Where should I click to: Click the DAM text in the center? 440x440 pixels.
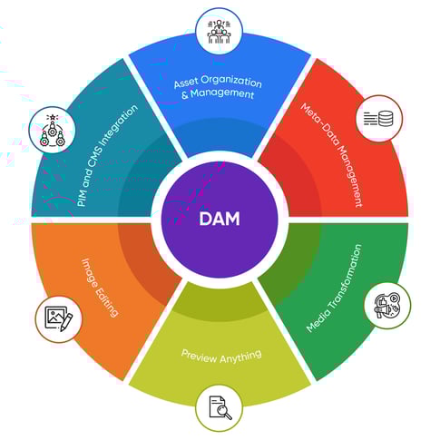pos(219,219)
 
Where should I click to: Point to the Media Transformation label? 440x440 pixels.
pos(333,288)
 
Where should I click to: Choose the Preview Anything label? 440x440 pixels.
pos(220,355)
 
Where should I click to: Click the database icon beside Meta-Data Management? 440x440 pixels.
pos(378,119)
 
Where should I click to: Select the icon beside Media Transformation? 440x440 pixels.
pos(386,305)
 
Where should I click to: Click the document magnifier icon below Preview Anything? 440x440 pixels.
pos(219,407)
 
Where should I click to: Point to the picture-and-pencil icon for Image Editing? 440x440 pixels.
pos(58,318)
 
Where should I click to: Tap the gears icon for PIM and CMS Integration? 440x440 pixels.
pos(52,130)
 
